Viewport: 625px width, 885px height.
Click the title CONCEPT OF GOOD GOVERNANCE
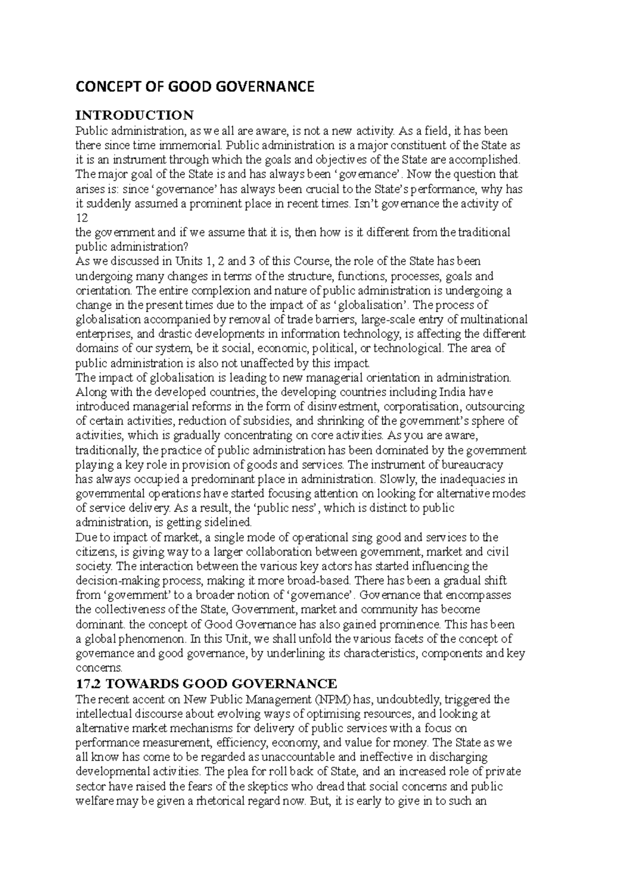(195, 87)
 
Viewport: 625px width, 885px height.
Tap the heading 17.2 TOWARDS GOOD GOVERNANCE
(206, 683)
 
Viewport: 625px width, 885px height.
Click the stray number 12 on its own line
(82, 218)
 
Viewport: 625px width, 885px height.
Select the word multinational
(493, 319)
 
